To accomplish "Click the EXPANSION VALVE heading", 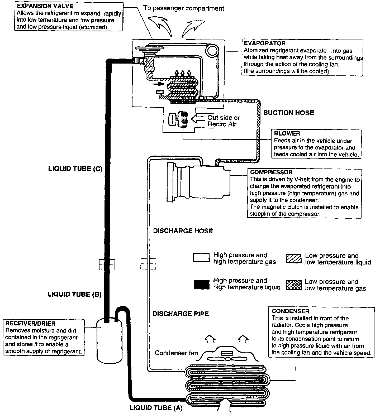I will (45, 6).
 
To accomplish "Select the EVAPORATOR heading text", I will (265, 44).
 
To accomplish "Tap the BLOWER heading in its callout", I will (287, 134).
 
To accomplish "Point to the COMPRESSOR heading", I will (271, 172).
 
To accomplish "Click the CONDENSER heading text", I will (290, 311).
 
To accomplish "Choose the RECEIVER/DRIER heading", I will (30, 324).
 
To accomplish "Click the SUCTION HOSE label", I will (289, 113).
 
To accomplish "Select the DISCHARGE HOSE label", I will (183, 231).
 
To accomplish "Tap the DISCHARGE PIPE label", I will (181, 314).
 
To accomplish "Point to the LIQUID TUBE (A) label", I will (156, 408).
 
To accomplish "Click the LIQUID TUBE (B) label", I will (74, 294).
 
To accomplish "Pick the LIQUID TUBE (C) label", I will (75, 169).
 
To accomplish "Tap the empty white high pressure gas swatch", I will (201, 258).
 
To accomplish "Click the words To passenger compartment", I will (184, 8).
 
